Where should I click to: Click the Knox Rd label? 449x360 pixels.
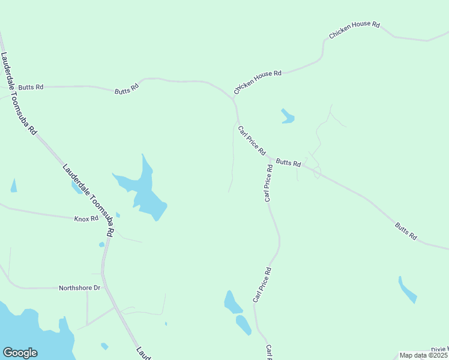click(x=86, y=219)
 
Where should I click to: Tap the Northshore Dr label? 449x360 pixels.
click(x=79, y=288)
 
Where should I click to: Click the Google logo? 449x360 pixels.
click(x=20, y=353)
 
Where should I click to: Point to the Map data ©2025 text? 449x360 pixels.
click(x=423, y=355)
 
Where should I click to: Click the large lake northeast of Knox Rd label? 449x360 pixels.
click(x=144, y=191)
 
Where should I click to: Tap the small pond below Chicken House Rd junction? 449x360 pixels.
click(x=288, y=116)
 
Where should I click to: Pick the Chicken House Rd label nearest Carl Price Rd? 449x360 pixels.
click(x=258, y=82)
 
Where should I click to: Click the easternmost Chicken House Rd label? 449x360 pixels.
click(x=355, y=31)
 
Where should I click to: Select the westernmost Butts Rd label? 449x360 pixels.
click(x=31, y=87)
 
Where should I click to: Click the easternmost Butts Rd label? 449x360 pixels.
click(x=406, y=231)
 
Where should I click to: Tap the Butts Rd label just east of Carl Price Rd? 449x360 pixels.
click(x=288, y=162)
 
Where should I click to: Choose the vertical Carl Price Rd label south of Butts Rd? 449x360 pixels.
click(x=269, y=183)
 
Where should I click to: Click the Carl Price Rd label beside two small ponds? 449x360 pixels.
click(x=262, y=285)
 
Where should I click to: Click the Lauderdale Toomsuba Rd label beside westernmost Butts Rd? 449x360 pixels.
click(x=19, y=93)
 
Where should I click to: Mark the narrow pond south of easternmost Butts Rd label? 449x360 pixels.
click(x=407, y=290)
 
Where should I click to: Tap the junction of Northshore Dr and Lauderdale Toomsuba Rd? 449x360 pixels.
click(x=104, y=288)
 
